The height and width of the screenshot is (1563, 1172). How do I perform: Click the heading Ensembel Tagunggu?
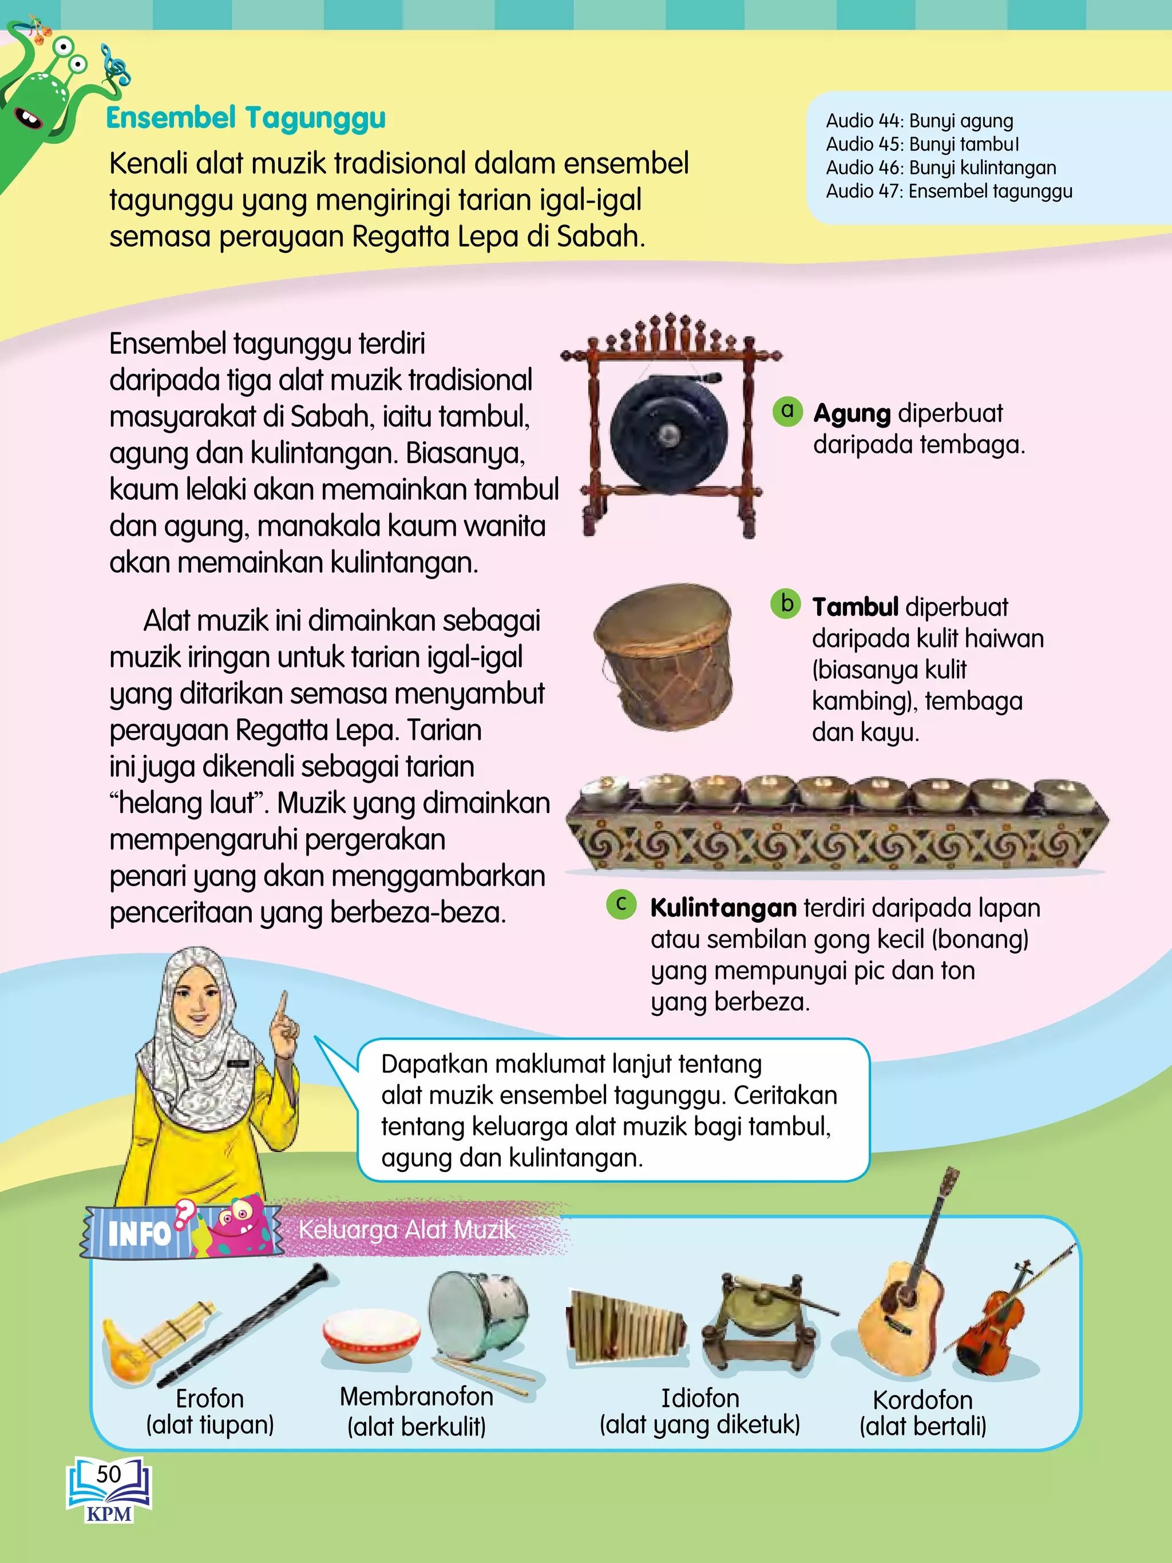[246, 118]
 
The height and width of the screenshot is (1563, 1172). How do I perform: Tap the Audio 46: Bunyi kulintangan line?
[940, 168]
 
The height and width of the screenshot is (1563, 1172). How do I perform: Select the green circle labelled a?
[787, 410]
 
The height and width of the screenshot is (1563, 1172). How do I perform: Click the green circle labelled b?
[786, 604]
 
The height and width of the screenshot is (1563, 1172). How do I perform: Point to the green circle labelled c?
[621, 904]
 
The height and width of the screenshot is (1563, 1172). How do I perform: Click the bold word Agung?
[852, 413]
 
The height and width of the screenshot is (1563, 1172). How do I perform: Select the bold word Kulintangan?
[723, 908]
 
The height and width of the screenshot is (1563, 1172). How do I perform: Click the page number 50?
[109, 1474]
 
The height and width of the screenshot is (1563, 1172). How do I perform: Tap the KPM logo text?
[109, 1514]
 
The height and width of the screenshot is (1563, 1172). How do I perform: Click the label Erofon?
[210, 1398]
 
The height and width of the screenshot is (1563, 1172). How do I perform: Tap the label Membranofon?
[416, 1396]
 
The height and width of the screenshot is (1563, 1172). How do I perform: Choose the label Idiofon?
[699, 1398]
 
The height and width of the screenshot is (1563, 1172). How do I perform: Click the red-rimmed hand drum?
[370, 1335]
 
